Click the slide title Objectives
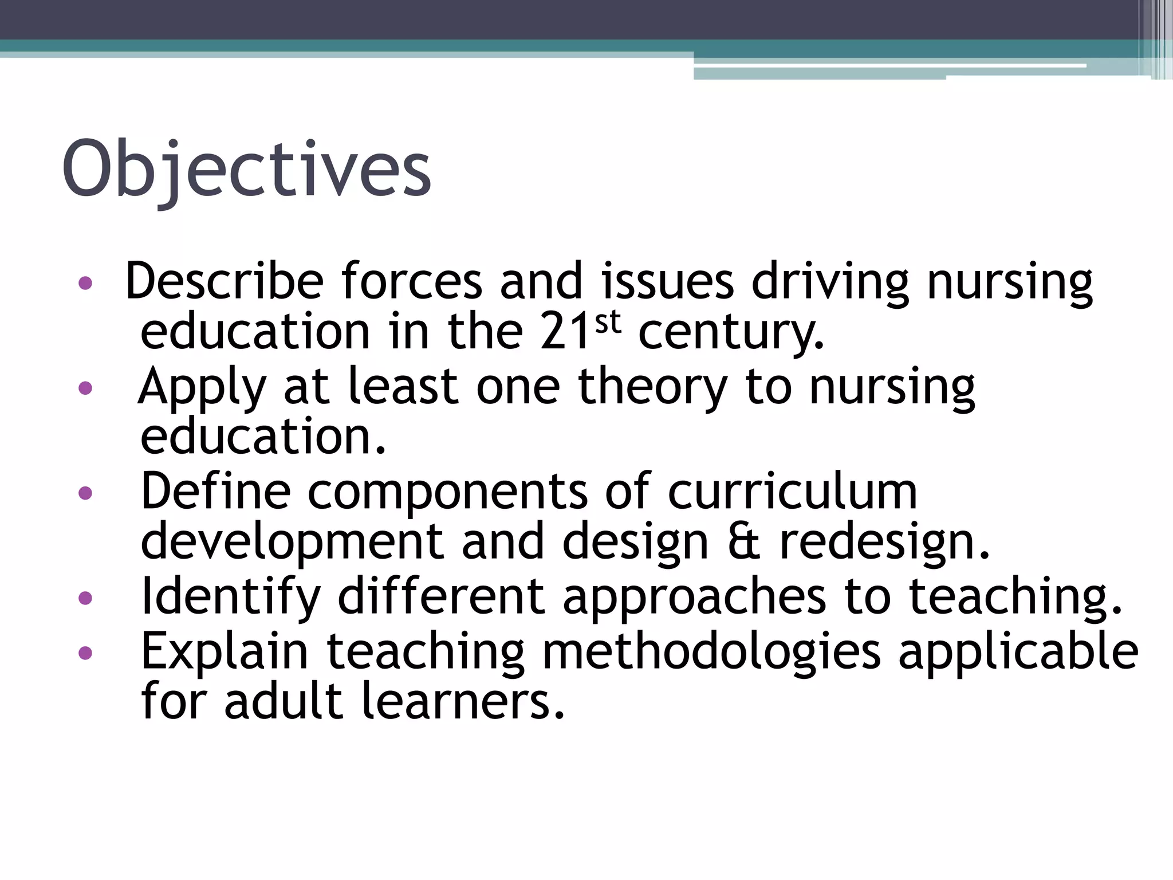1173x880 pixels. point(246,170)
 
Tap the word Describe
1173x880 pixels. point(225,281)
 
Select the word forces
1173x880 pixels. point(412,281)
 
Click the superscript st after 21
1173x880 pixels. point(608,324)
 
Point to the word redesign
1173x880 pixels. point(885,543)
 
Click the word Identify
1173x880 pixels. point(230,597)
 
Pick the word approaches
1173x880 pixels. point(695,597)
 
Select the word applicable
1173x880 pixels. point(1018,652)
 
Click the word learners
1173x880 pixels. point(464,701)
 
